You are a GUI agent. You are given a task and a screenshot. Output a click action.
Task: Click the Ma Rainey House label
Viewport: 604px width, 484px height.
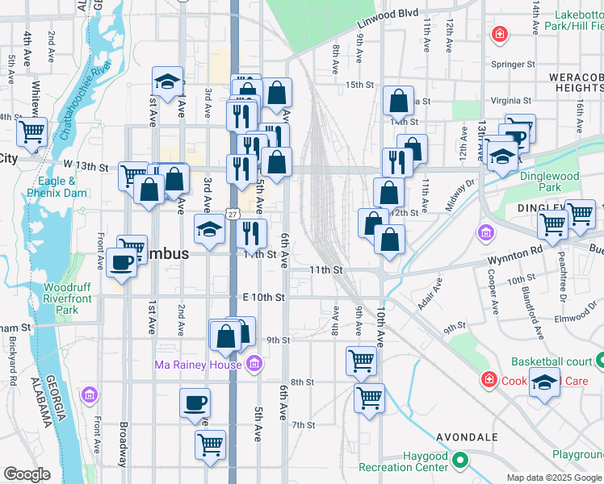[198, 365]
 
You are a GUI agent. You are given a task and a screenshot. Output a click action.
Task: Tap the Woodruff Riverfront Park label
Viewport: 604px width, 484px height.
[61, 298]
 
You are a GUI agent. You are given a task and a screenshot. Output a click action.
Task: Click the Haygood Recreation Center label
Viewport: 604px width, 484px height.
[403, 461]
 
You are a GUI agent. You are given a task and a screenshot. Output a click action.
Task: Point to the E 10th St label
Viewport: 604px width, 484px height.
[264, 298]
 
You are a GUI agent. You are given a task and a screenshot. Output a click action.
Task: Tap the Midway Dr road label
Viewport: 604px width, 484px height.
[460, 198]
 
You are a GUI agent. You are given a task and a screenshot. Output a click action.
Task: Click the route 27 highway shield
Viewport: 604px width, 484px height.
[233, 214]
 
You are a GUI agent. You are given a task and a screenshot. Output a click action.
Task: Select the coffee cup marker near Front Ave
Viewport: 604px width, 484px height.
[122, 262]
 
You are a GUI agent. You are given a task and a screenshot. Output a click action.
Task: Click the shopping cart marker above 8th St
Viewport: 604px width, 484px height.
[361, 361]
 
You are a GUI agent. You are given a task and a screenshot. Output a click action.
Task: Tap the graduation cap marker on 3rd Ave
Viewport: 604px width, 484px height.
[210, 229]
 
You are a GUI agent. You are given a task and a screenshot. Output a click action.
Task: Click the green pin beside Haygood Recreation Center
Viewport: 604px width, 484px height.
[460, 461]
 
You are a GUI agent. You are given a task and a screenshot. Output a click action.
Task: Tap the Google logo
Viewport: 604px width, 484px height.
[27, 474]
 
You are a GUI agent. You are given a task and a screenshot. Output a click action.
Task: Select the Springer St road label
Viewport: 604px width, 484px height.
[514, 64]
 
